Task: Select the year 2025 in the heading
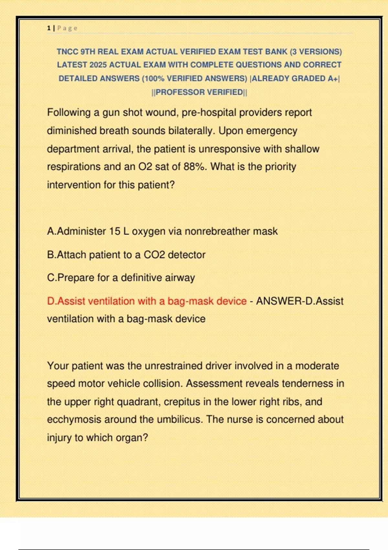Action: pyautogui.click(x=98, y=65)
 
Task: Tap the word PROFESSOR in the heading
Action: pyautogui.click(x=180, y=93)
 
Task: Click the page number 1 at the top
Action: pyautogui.click(x=49, y=28)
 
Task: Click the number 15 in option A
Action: pyautogui.click(x=114, y=231)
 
